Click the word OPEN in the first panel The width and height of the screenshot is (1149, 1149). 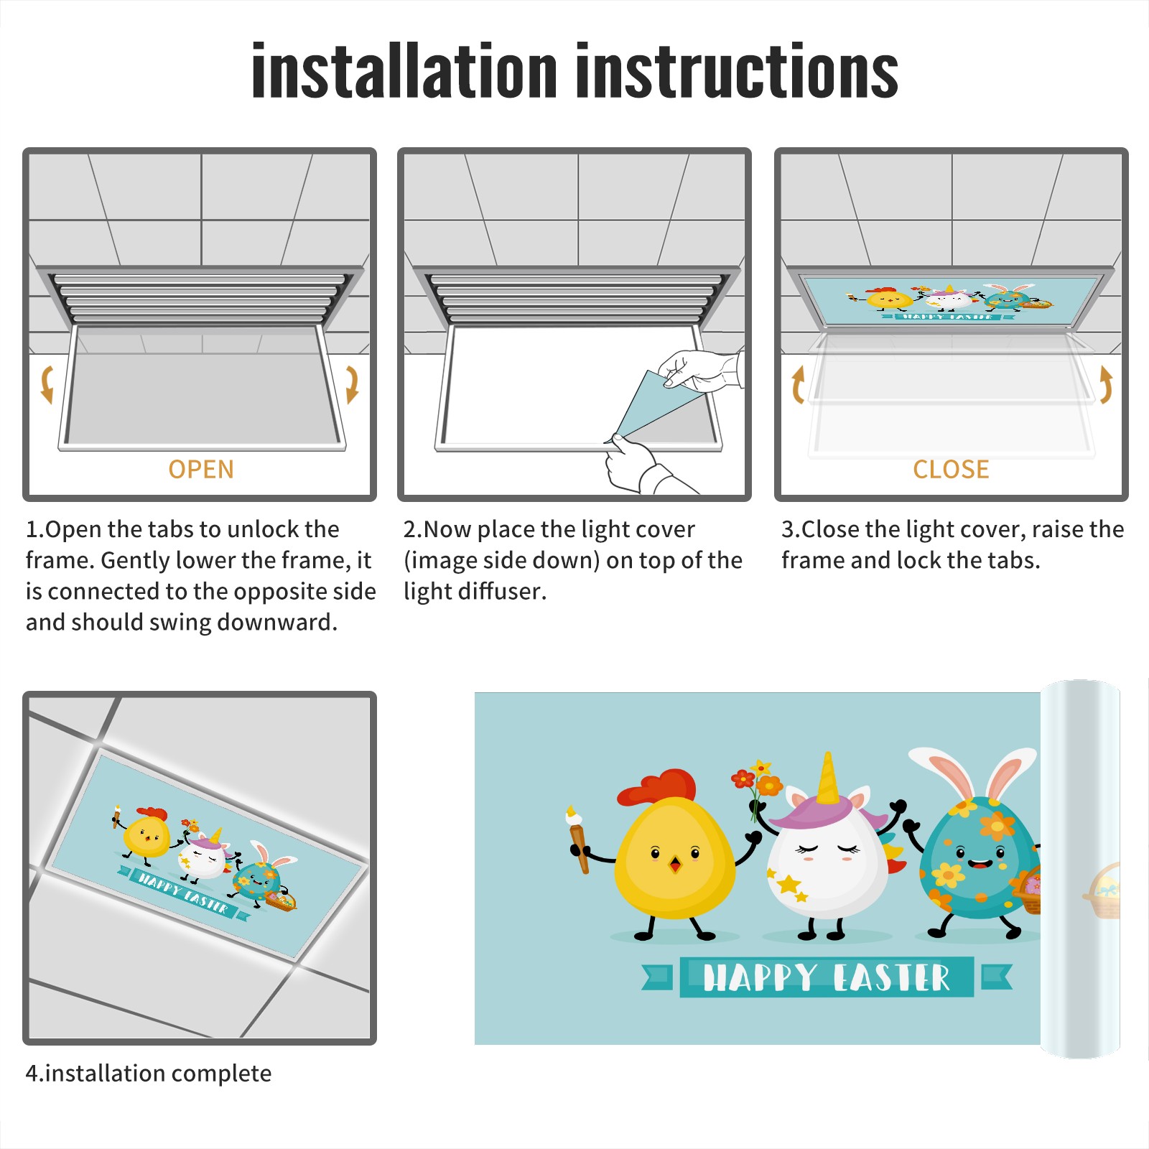[201, 469]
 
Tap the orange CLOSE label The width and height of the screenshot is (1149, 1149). [951, 469]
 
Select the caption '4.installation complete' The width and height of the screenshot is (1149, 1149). [149, 1073]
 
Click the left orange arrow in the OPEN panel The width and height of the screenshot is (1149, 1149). [47, 384]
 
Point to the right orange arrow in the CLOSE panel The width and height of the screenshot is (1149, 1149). [1106, 384]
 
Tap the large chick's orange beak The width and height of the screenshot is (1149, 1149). [675, 863]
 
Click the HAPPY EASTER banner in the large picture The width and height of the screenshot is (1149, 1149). [827, 977]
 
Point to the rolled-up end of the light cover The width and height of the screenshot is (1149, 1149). [1080, 869]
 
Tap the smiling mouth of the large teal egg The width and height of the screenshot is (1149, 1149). [980, 862]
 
